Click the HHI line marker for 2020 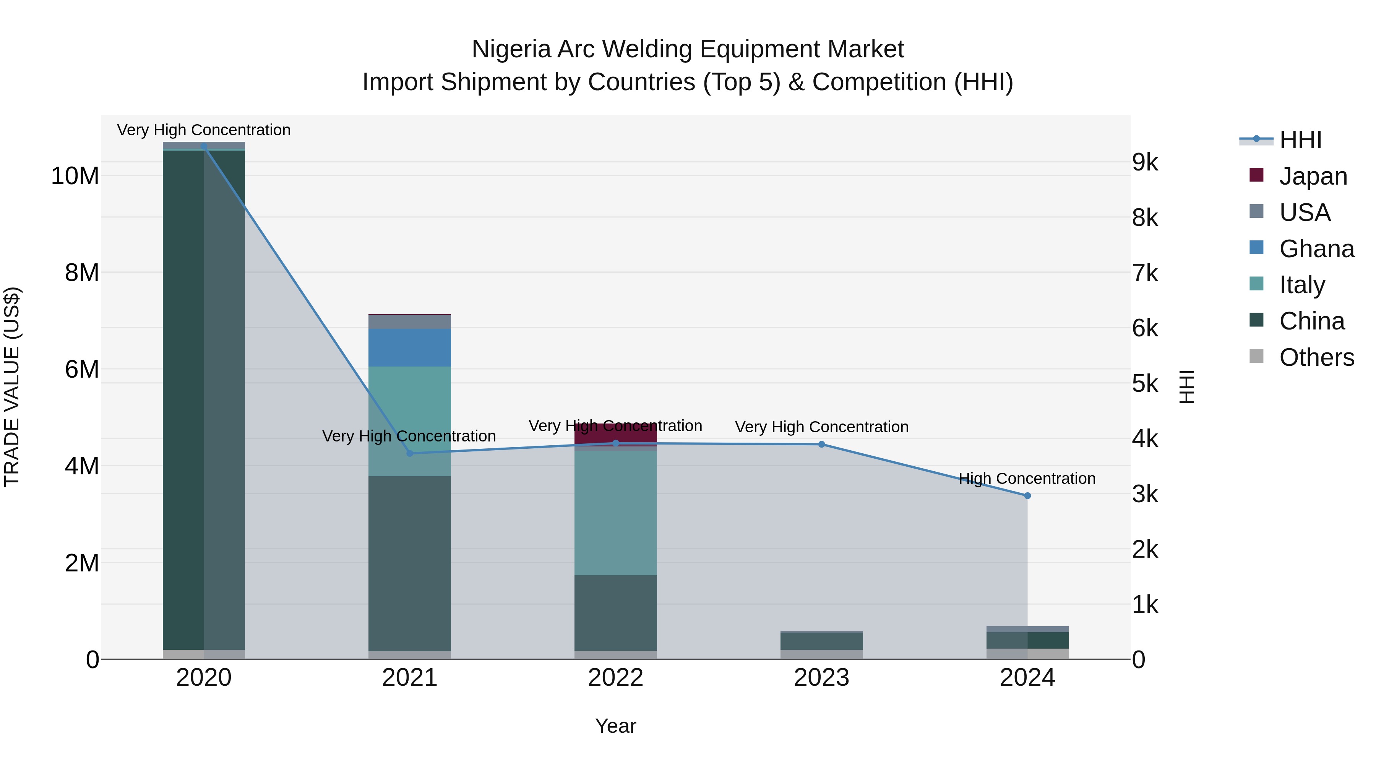click(203, 146)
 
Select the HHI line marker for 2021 click(410, 453)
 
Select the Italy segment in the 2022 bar click(615, 513)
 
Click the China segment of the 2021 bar click(410, 563)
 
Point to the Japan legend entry click(1313, 176)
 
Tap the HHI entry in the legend click(1300, 140)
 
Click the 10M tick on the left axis click(75, 176)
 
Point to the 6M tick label click(82, 369)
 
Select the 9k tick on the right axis click(1145, 162)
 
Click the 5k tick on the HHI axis click(1145, 383)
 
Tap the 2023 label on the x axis click(821, 678)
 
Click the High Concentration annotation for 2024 click(1027, 479)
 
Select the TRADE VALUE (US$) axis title click(12, 387)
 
